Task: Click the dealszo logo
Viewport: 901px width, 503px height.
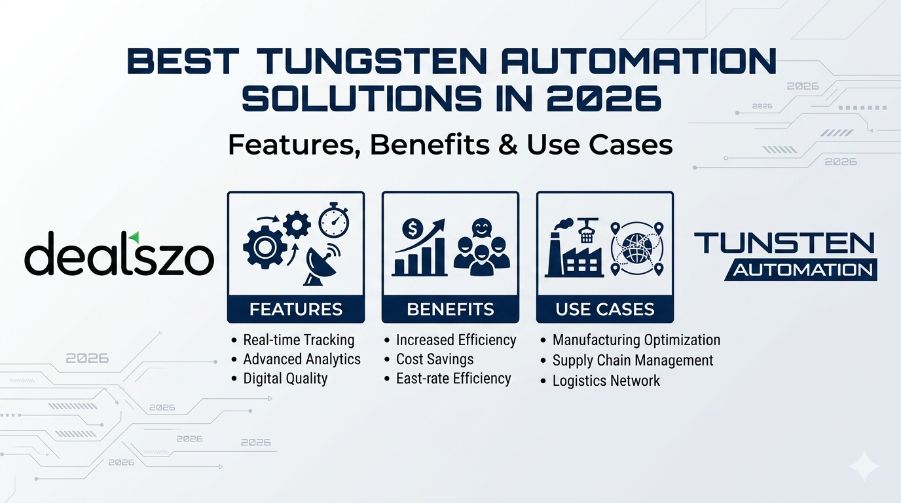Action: tap(119, 253)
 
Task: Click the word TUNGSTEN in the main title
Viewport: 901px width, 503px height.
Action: tap(372, 61)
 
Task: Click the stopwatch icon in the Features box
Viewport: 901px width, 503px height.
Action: tap(334, 220)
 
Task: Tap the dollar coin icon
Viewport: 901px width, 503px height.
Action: tap(413, 229)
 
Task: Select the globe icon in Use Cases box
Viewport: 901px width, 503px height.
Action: tap(637, 249)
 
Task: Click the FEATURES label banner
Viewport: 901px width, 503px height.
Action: tap(296, 309)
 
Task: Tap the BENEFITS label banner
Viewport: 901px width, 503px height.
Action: tap(450, 309)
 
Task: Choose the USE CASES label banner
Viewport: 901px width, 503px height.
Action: tap(605, 309)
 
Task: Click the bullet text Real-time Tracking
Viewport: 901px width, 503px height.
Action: tap(299, 340)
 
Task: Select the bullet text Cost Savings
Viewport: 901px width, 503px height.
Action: tap(435, 360)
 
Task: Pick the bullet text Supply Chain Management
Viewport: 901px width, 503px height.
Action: tap(633, 360)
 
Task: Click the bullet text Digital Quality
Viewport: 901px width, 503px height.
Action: tap(285, 379)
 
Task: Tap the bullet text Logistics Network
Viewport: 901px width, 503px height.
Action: tap(606, 381)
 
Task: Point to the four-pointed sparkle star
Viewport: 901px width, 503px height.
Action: tap(864, 466)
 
